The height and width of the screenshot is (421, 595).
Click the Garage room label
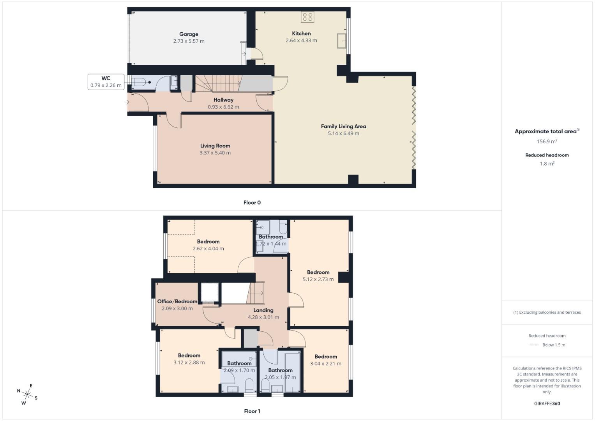[x=189, y=34]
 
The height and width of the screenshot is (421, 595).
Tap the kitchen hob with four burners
[x=307, y=17]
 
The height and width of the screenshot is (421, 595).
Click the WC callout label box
[x=106, y=82]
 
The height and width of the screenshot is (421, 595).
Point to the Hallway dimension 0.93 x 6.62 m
[x=223, y=107]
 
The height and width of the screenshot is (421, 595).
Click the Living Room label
[x=215, y=146]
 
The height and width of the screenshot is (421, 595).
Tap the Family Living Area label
[x=343, y=126]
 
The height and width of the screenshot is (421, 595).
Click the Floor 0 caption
[x=252, y=203]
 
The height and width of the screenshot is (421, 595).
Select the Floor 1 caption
[x=252, y=411]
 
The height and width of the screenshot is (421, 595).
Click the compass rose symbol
[x=27, y=394]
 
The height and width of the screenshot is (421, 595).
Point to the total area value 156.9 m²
[x=547, y=142]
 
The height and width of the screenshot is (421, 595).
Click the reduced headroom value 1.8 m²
[x=547, y=164]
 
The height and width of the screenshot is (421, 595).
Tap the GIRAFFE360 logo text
[x=547, y=404]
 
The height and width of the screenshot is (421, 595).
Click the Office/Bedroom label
[x=177, y=301]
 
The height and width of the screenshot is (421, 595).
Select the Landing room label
[x=263, y=310]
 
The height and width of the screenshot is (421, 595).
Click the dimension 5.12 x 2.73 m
[x=318, y=279]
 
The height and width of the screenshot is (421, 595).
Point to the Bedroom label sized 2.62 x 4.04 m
[x=208, y=242]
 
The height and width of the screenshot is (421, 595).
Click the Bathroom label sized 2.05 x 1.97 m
[x=280, y=370]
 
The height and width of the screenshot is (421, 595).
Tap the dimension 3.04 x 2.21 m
[x=325, y=364]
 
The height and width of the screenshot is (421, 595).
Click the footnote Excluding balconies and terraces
[x=547, y=312]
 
